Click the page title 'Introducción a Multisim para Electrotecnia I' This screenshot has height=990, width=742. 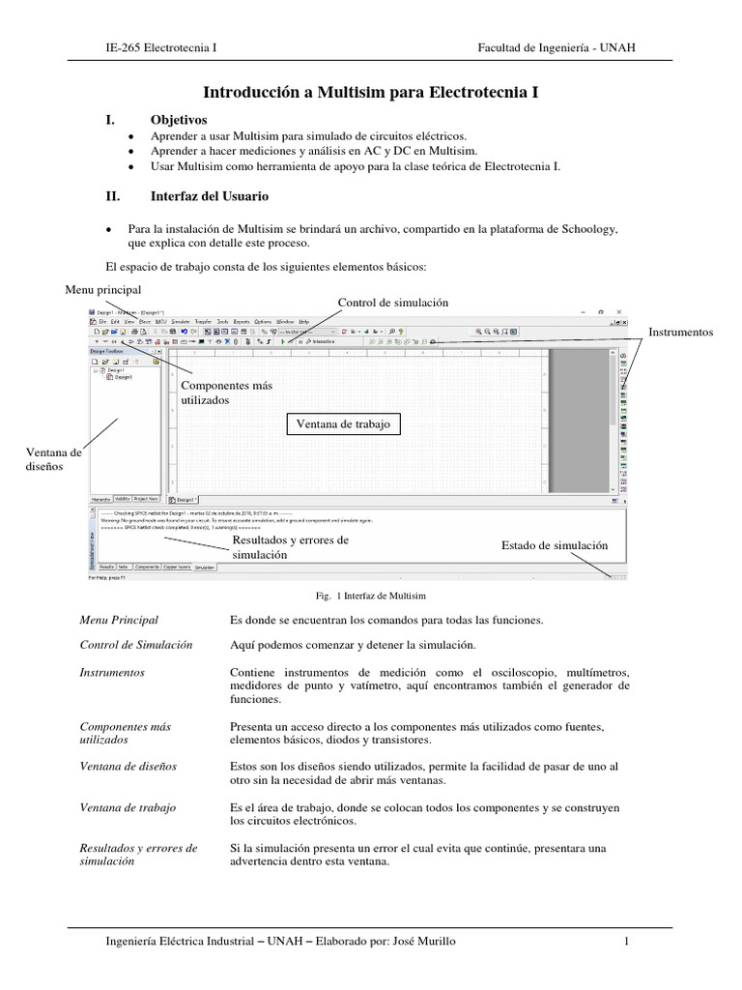tap(369, 93)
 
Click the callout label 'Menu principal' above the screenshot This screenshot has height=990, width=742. tap(103, 289)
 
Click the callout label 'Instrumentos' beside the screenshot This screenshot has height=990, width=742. tap(680, 332)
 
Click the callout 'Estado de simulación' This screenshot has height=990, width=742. tap(555, 545)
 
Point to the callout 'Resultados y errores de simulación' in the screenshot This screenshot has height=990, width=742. tap(289, 547)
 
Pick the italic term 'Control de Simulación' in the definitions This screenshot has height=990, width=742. tap(136, 644)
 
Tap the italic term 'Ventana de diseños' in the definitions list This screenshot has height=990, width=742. tap(128, 766)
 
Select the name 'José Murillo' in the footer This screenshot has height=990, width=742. tap(426, 941)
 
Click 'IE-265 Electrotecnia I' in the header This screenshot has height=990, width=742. tap(161, 47)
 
